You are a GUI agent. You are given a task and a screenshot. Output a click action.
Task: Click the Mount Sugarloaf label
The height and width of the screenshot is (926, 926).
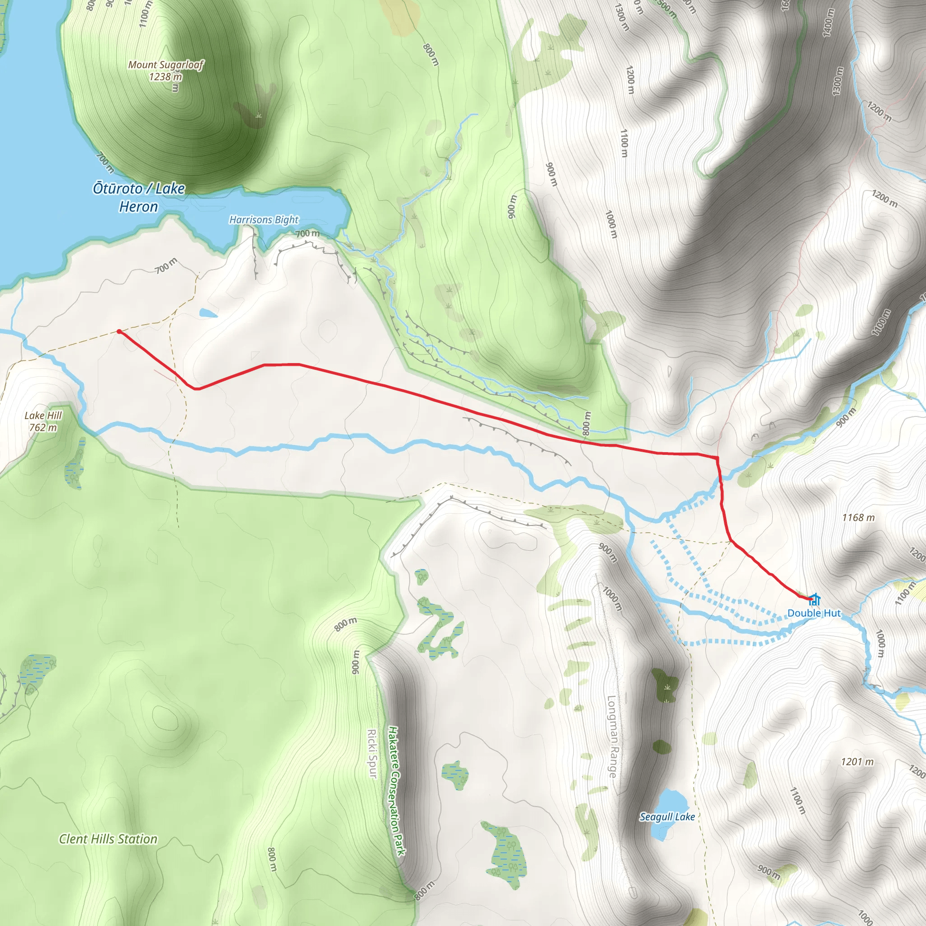(x=166, y=65)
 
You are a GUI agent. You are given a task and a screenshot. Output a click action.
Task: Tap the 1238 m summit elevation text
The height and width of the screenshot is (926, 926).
(x=165, y=77)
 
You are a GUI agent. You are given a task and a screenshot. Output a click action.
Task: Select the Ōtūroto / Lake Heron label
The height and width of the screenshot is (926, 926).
(x=138, y=197)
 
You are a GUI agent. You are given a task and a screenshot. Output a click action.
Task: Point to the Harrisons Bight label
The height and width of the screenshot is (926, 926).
(x=264, y=219)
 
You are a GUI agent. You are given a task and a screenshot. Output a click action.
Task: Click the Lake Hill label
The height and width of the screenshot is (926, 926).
(x=43, y=415)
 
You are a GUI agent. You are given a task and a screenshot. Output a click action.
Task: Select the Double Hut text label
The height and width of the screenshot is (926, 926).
(x=814, y=613)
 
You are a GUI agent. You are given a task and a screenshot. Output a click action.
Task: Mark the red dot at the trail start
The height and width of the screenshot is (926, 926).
(x=119, y=331)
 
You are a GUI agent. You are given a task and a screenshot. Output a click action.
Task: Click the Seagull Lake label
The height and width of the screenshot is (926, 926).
(x=667, y=816)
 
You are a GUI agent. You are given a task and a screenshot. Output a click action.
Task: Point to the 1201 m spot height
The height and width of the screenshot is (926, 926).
(x=857, y=761)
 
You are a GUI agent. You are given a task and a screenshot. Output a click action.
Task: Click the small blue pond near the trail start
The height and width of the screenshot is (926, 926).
(x=208, y=313)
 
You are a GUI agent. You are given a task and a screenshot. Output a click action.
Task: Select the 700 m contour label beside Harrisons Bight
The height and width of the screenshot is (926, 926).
(x=307, y=233)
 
